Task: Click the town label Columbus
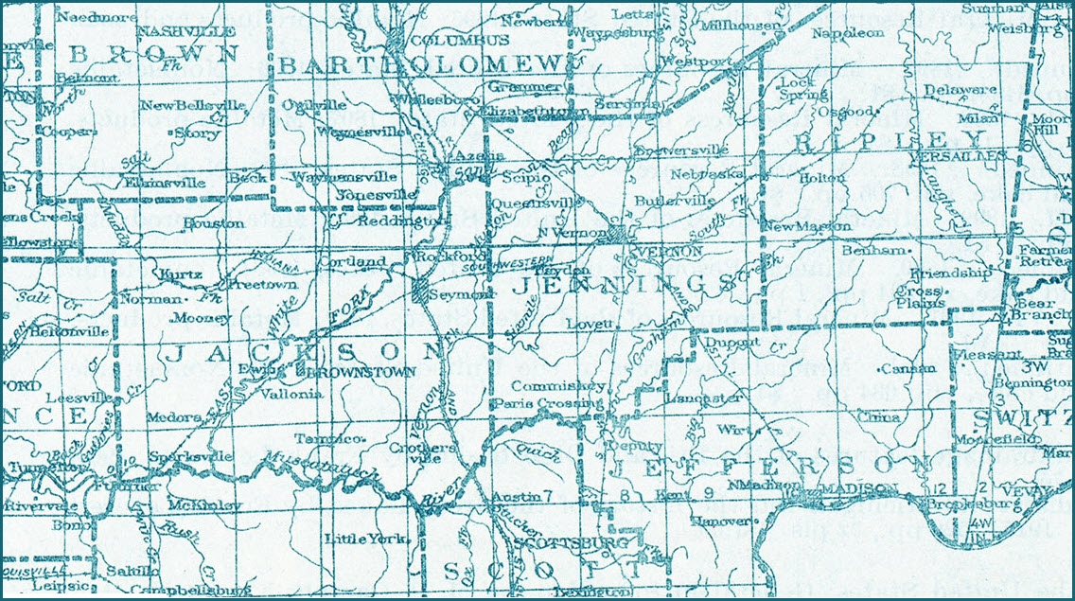click(447, 41)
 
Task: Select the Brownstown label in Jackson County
click(369, 372)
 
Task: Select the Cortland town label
click(353, 261)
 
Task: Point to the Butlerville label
click(675, 201)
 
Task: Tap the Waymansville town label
click(343, 176)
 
